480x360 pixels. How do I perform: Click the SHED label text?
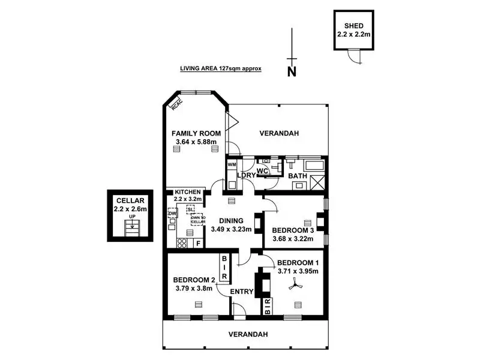(x=353, y=26)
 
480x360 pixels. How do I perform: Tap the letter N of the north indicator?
(x=292, y=73)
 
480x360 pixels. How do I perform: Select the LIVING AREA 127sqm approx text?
(x=221, y=69)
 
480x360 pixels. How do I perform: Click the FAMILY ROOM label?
(x=196, y=133)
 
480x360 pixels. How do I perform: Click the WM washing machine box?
(x=232, y=164)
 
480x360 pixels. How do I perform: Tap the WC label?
(x=262, y=172)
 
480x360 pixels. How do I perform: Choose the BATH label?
(x=298, y=176)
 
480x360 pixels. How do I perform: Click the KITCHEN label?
(x=188, y=192)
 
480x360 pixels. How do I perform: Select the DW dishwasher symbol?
(x=172, y=213)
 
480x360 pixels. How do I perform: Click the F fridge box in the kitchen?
(x=199, y=244)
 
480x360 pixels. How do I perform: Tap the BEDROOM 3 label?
(x=293, y=230)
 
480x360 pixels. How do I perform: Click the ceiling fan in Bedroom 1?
(x=294, y=287)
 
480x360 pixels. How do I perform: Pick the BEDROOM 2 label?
(x=194, y=280)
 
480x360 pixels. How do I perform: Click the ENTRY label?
(x=242, y=292)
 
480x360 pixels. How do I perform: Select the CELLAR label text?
(x=130, y=202)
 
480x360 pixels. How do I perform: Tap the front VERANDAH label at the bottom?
(x=247, y=334)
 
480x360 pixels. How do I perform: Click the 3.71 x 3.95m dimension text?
(x=297, y=272)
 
